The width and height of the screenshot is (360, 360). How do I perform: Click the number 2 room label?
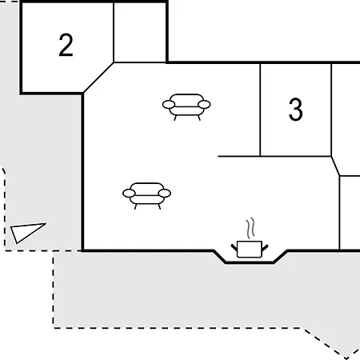[66, 45]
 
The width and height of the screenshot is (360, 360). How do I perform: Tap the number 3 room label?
[296, 110]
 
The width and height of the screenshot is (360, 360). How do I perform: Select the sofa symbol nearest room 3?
[186, 107]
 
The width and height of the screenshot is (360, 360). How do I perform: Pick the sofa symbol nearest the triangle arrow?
[146, 196]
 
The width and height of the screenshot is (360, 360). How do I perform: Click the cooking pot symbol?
[250, 250]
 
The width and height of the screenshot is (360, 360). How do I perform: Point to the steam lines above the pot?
[250, 228]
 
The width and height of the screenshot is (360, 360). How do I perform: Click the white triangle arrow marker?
[26, 232]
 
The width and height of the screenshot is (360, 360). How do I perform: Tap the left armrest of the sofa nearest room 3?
[169, 105]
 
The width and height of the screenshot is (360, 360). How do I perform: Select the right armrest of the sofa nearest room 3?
[205, 105]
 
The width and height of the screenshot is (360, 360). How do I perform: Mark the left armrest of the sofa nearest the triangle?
[129, 194]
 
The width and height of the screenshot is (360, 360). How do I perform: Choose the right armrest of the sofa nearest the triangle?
[165, 194]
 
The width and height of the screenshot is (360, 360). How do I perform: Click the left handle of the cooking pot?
[234, 247]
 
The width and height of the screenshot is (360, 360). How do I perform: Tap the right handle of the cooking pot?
[265, 248]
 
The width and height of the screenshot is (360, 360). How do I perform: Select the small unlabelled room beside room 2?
[140, 33]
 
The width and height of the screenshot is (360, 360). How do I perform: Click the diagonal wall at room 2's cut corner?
[98, 78]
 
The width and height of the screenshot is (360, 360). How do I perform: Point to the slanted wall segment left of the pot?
[220, 257]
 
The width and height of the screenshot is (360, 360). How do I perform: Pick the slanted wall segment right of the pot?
[280, 257]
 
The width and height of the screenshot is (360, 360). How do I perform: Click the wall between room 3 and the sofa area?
[260, 110]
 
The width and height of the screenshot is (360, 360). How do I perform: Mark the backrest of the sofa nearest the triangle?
[147, 186]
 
